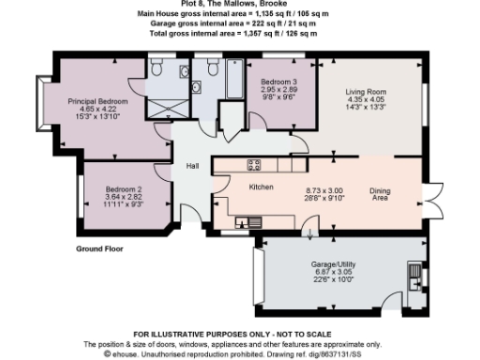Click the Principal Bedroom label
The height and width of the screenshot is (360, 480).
tap(97, 100)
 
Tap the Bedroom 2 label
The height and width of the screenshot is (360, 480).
tap(124, 188)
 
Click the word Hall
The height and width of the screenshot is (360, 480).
tap(192, 166)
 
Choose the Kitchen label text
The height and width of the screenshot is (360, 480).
tap(261, 187)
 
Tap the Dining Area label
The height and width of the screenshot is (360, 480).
tap(380, 193)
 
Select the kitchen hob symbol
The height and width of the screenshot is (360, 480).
tap(253, 166)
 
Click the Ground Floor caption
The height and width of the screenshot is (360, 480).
tap(100, 249)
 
